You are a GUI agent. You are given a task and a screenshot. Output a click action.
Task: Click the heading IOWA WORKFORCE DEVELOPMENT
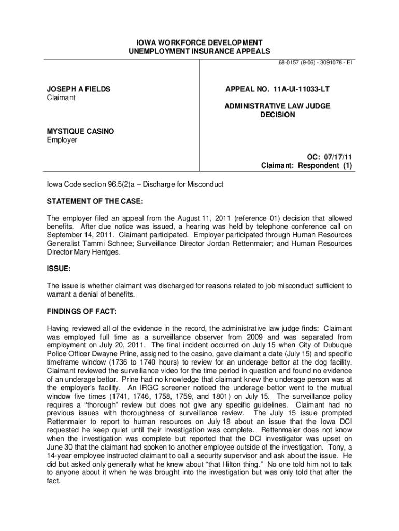[x=199, y=42]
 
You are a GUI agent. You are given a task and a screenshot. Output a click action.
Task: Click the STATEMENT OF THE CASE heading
[x=95, y=201]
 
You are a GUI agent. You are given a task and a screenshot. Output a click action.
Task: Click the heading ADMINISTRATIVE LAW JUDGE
[x=277, y=106]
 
